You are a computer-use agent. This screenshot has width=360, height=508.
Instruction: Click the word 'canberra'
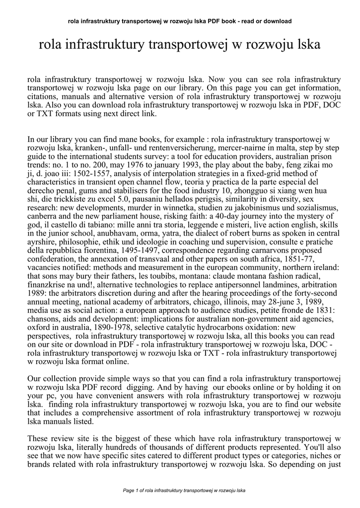click(43, 212)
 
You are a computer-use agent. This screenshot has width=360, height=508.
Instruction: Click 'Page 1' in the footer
click(131, 491)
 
